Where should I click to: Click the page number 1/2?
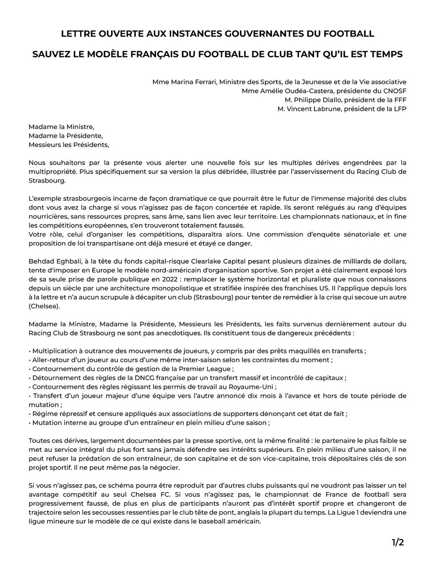click(x=397, y=542)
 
